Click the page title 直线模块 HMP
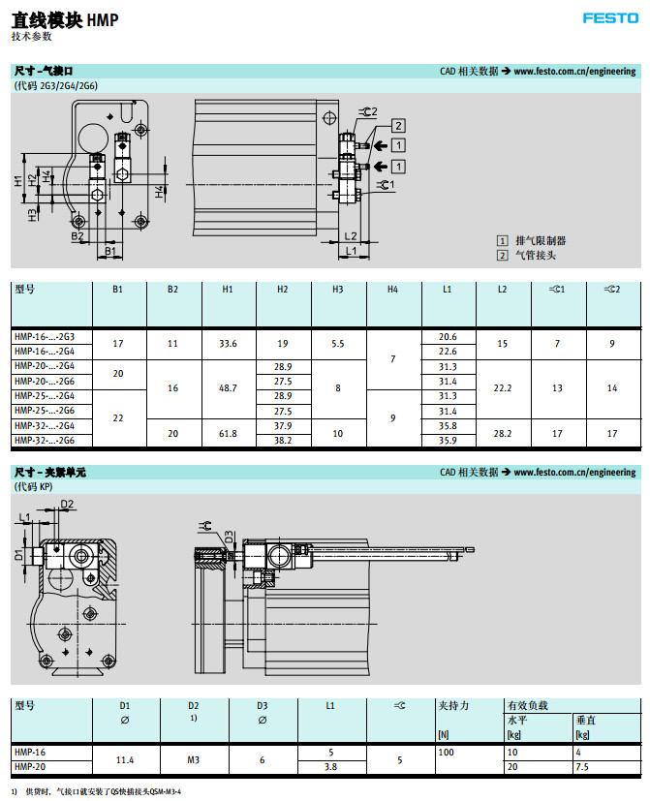click(x=65, y=18)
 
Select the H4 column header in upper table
click(x=392, y=289)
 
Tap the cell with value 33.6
click(x=229, y=343)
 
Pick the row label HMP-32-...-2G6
click(x=45, y=440)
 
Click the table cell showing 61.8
click(x=229, y=433)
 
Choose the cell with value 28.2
click(x=503, y=433)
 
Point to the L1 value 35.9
click(x=448, y=440)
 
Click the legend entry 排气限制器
click(x=540, y=240)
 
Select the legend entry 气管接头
click(x=536, y=255)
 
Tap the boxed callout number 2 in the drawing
click(x=398, y=125)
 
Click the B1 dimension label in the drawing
click(x=110, y=252)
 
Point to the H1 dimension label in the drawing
click(x=18, y=181)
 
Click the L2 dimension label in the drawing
click(x=352, y=236)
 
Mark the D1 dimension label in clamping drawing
click(x=18, y=555)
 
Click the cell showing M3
click(x=193, y=759)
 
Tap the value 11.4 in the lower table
click(x=125, y=759)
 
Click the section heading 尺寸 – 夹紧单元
click(x=51, y=472)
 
